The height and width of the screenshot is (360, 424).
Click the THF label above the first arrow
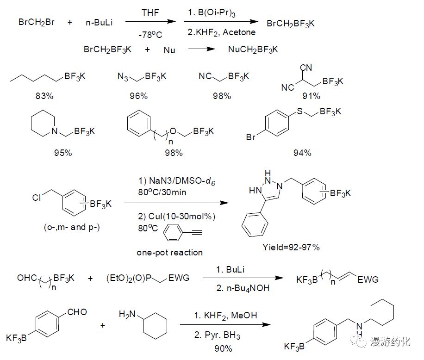pos(150,13)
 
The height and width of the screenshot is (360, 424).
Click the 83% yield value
pos(44,96)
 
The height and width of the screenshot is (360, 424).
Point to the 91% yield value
pos(311,96)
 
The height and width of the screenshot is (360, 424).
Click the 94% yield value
pos(302,153)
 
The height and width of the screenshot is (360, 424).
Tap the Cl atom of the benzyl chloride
pos(37,198)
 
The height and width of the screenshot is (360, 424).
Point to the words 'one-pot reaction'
pos(169,252)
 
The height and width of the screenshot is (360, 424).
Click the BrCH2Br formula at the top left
pos(37,22)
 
